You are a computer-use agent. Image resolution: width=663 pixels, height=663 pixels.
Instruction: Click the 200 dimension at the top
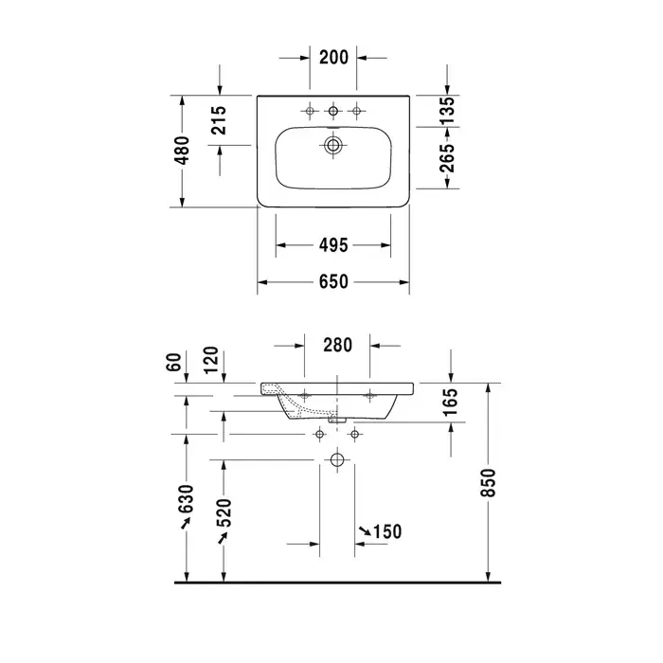tap(333, 58)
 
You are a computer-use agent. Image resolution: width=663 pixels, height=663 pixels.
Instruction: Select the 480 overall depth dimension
tap(182, 150)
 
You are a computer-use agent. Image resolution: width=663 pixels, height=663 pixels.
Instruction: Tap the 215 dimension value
tap(219, 120)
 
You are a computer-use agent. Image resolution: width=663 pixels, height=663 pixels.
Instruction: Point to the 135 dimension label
tap(447, 111)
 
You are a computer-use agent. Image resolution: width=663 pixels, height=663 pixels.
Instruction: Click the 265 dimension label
tap(447, 158)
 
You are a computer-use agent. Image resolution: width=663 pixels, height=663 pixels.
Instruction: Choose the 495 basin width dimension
tap(333, 245)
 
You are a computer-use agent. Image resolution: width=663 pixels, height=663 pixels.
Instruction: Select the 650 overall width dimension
tap(333, 281)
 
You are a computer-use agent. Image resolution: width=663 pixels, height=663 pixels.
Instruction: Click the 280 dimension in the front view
tap(337, 345)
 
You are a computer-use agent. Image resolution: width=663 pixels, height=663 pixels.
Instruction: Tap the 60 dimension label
tap(173, 363)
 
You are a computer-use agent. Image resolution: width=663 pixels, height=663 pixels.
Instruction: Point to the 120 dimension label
tap(211, 360)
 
